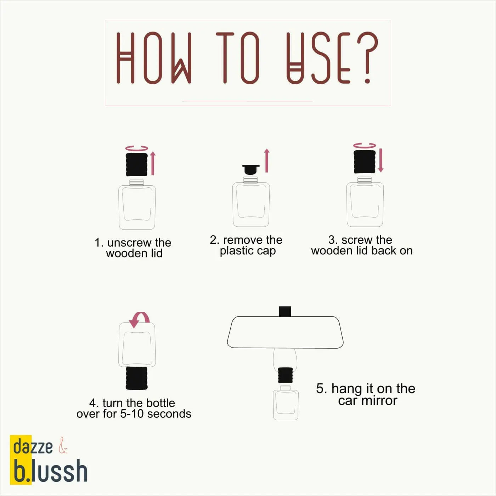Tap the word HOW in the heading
[x=154, y=58]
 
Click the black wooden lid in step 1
[x=137, y=164]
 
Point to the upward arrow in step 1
[x=153, y=163]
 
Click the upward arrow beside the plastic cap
[x=267, y=160]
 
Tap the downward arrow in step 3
[x=381, y=160]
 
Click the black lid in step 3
[x=365, y=162]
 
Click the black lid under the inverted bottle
[x=137, y=378]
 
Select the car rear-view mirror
[x=285, y=332]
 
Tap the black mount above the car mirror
[x=285, y=311]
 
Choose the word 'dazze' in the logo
[x=33, y=447]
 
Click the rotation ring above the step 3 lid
[x=365, y=146]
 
